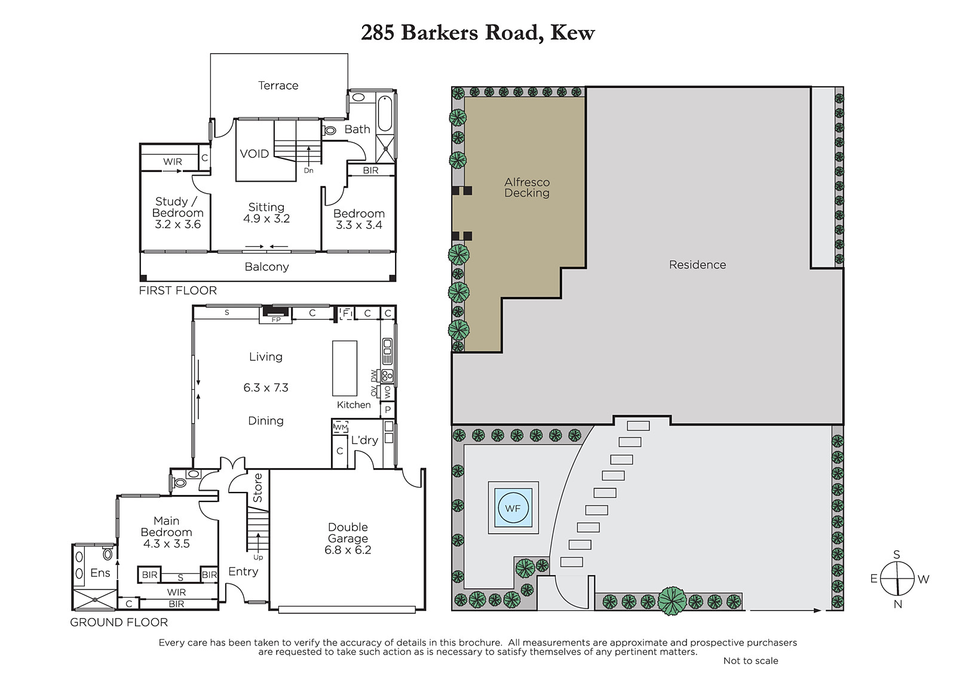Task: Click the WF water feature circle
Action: coord(513,508)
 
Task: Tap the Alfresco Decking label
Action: coord(526,188)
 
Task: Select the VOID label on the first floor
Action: coord(255,154)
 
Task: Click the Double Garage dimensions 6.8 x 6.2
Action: coord(348,550)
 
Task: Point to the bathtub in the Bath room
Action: coord(385,113)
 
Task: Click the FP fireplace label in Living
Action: coord(276,319)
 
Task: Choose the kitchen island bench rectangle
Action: coord(345,368)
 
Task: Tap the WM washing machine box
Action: coord(341,427)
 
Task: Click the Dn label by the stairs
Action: coord(308,170)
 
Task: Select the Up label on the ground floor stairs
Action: coord(258,557)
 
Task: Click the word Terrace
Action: coord(278,85)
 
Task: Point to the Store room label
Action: coord(258,488)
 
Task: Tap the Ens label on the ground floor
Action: coord(100,573)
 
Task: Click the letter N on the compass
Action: coord(897,604)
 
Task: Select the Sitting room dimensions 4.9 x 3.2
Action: coord(266,219)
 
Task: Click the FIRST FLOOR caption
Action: coord(178,290)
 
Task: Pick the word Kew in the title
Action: coord(572,33)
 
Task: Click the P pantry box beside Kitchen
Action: coord(388,410)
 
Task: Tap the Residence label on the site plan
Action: coord(697,265)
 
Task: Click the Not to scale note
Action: coord(750,660)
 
